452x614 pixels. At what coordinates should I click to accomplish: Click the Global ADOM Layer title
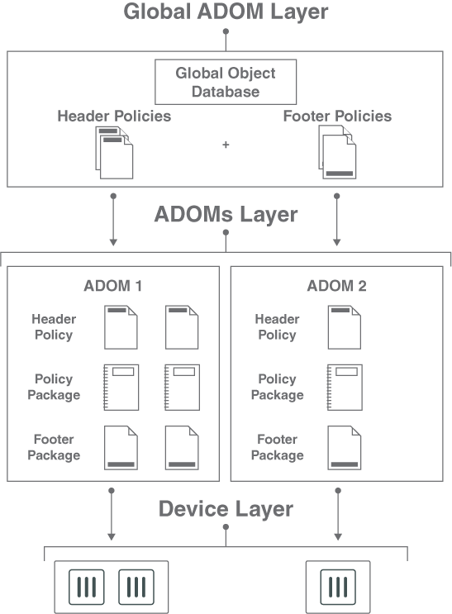[226, 12]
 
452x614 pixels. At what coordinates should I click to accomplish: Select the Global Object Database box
[226, 82]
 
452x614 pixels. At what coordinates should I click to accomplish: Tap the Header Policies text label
[114, 116]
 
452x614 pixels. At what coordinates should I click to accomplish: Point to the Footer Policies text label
[337, 116]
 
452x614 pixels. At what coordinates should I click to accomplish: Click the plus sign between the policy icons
[226, 145]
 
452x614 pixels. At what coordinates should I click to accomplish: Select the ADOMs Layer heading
[226, 215]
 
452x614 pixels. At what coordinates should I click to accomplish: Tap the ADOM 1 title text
[113, 287]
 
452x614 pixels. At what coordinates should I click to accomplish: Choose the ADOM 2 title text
[336, 287]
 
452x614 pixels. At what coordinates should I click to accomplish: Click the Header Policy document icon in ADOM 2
[344, 326]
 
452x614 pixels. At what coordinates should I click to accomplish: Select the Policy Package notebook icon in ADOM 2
[344, 387]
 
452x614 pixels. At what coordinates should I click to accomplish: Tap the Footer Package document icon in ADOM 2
[344, 447]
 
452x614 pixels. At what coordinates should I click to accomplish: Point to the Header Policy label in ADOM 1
[54, 327]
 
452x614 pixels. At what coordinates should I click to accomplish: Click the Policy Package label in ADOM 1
[54, 387]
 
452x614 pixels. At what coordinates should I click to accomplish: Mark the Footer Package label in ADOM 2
[277, 447]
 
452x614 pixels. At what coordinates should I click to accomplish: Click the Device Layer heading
[226, 508]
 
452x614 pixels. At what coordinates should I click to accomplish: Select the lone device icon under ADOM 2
[337, 588]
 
